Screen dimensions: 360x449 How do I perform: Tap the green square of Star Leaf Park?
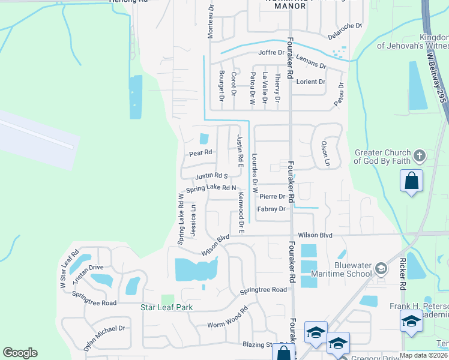[167, 298]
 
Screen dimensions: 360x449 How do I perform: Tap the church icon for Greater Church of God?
[420, 157]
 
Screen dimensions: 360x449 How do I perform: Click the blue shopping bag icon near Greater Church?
[411, 181]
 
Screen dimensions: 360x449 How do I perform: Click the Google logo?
[20, 353]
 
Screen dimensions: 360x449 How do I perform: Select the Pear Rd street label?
[201, 153]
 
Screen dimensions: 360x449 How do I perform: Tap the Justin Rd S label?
[211, 176]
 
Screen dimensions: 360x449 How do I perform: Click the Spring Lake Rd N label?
[211, 188]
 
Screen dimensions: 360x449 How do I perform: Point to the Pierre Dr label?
[272, 196]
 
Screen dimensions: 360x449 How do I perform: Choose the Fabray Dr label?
[271, 209]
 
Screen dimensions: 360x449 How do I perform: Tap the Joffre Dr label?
[271, 53]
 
